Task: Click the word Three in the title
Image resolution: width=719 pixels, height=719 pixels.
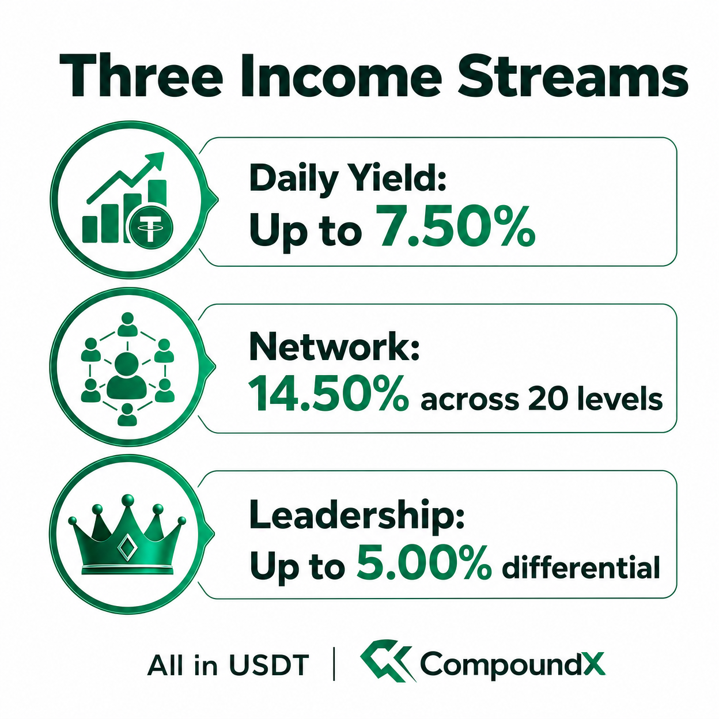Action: (141, 75)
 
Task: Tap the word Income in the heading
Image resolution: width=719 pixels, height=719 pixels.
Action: (342, 75)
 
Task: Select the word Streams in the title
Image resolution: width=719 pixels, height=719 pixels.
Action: (573, 75)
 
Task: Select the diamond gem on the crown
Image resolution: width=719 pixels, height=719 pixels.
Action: (126, 547)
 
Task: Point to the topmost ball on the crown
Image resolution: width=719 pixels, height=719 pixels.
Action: (128, 499)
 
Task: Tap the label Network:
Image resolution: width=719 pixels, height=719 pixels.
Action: (334, 347)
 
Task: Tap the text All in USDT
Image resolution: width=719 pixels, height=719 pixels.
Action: (228, 665)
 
